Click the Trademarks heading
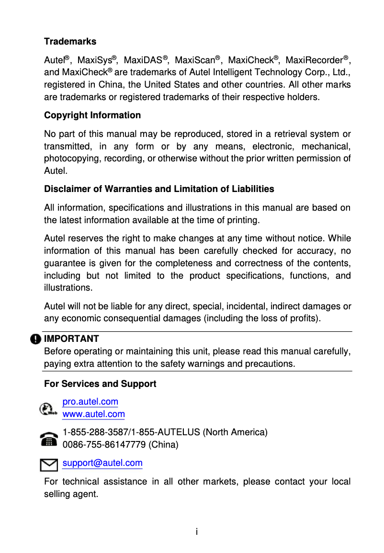70,42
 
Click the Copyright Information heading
92,115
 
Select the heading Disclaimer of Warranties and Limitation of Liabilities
159,189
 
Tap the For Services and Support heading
100,384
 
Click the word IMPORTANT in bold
71,339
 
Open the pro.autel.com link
90,402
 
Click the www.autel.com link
94,414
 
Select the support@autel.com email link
102,463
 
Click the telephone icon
48,439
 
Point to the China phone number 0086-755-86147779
104,445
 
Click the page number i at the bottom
196,532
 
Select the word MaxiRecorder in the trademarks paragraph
314,60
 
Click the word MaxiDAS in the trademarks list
143,60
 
